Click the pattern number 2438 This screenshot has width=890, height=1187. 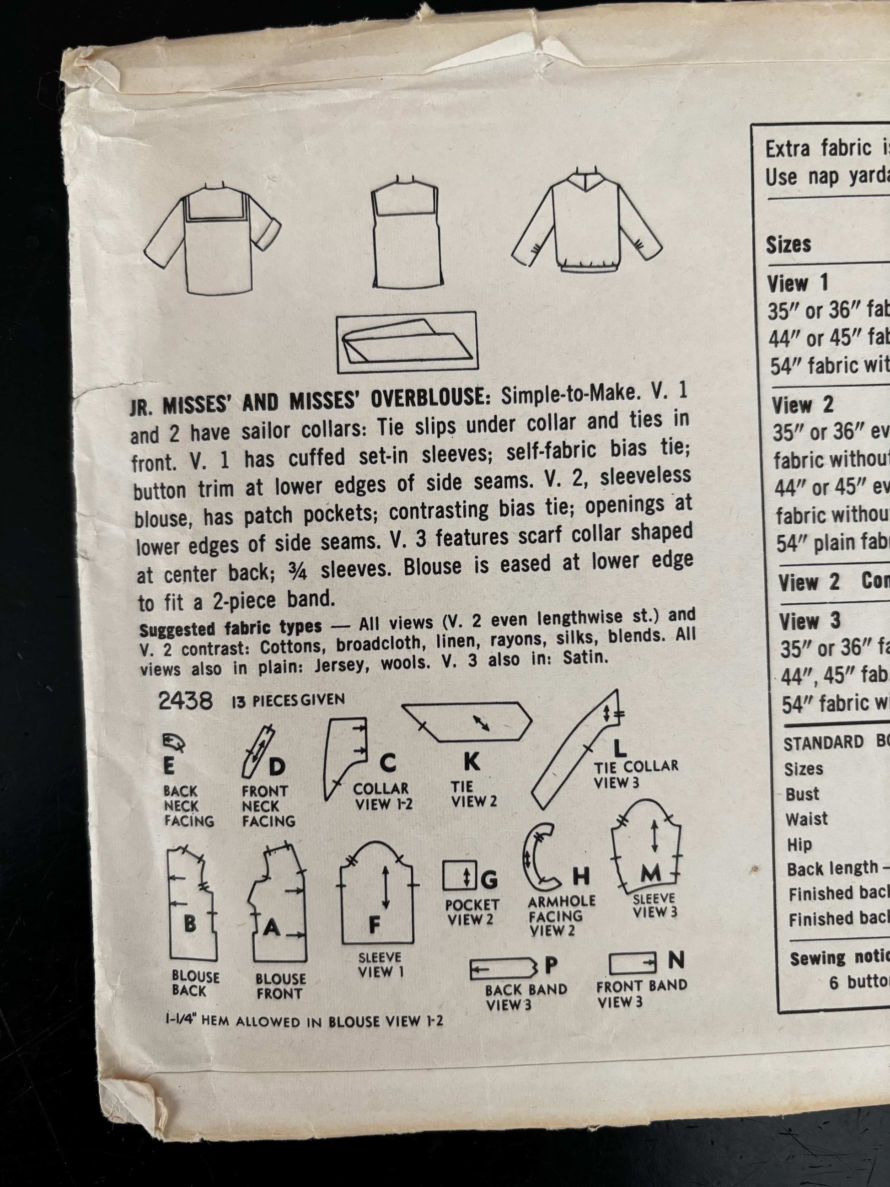point(185,701)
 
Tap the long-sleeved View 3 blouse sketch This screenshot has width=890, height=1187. point(587,228)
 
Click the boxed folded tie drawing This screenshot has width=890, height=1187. point(406,342)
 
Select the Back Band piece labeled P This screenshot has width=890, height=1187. point(503,967)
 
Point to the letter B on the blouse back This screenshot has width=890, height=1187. point(190,924)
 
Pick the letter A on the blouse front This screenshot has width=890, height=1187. point(272,927)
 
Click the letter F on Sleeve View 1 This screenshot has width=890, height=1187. point(375,924)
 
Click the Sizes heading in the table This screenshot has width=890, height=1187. point(788,245)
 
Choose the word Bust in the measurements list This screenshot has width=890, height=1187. point(802,794)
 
